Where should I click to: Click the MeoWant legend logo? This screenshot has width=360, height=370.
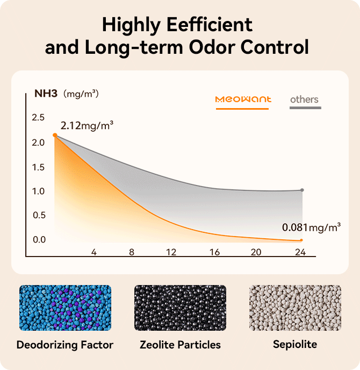[243, 99]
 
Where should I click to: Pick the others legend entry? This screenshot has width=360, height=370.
[304, 99]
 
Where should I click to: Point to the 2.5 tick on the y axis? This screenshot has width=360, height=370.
[38, 117]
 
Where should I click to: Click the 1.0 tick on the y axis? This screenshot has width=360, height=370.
[38, 191]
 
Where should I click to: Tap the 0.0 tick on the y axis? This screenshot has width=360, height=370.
[38, 239]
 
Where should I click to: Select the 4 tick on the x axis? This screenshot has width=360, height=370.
[93, 252]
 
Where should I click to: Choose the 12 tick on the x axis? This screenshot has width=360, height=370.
[171, 252]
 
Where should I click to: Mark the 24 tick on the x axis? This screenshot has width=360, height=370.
[300, 252]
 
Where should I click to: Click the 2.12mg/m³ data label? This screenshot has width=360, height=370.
[87, 126]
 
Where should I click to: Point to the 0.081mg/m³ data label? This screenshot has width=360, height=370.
[311, 227]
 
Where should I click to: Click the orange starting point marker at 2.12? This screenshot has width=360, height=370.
[55, 135]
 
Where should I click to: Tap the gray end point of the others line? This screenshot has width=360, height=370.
[302, 190]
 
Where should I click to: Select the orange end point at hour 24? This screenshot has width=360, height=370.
[302, 240]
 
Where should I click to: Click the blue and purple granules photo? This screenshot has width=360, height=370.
[65, 307]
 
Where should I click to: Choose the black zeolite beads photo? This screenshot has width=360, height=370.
[179, 307]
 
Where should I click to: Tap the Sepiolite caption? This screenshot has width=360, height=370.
[294, 344]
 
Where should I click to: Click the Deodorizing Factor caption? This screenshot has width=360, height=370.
[65, 344]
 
